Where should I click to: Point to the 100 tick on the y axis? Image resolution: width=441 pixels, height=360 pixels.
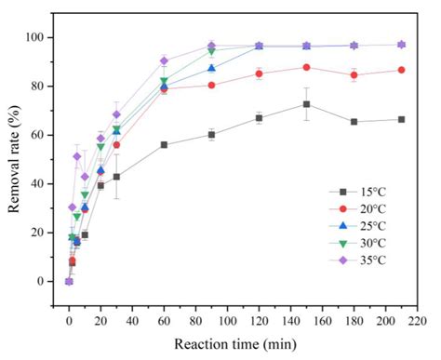pos(41,37)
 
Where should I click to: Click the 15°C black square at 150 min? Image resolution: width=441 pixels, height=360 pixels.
pos(306,104)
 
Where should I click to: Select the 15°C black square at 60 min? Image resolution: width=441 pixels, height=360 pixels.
pos(164,144)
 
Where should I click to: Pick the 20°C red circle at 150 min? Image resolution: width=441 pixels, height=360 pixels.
pos(306,67)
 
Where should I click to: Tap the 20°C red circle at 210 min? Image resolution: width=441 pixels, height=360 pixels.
pos(401,70)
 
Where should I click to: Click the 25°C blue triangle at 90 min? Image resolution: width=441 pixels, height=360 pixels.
pos(211,68)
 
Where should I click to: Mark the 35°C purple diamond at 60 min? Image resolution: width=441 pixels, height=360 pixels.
pos(164,60)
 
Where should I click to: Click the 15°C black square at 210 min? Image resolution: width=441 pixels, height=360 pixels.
pos(401,119)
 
